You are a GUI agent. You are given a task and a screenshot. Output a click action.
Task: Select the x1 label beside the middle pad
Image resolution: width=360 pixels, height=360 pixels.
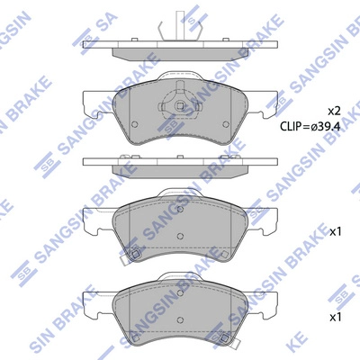[336, 231]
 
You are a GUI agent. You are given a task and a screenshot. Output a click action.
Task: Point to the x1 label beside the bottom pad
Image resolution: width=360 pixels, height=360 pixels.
[336, 317]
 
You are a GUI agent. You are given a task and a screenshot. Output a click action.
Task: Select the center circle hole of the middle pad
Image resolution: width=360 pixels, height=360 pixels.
[181, 237]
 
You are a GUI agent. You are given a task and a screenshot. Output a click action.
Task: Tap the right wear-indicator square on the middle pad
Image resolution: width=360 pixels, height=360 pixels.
[232, 256]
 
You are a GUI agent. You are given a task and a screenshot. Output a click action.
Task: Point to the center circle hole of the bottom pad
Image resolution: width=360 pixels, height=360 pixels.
[181, 321]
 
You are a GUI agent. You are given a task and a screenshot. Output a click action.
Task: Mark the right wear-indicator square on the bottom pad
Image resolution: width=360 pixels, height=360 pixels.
[232, 340]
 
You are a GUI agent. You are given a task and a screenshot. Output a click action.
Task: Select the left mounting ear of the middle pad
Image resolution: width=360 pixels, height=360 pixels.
[93, 217]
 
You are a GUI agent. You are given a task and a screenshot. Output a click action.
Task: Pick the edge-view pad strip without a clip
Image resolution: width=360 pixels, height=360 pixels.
[181, 165]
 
